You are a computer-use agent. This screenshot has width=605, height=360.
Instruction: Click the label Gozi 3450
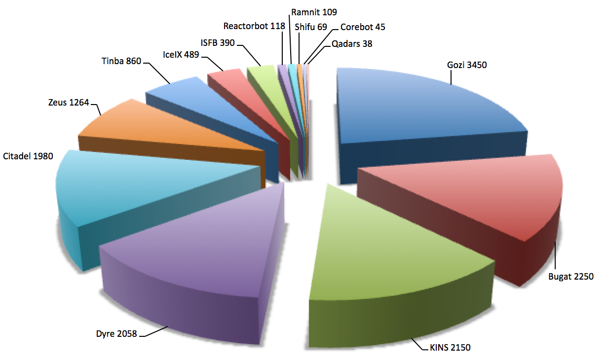coord(467,65)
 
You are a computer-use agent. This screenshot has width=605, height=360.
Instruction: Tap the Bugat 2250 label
coord(570,276)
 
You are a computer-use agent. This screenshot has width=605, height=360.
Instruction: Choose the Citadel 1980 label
coord(28,156)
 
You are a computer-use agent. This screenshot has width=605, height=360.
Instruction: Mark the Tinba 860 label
coord(121,62)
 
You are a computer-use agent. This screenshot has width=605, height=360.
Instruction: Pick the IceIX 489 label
coord(181,55)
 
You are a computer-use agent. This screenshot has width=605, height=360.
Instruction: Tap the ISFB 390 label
coord(218,43)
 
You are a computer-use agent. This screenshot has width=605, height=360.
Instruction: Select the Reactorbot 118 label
coord(254,26)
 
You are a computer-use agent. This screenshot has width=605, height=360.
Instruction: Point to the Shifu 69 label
coord(311,27)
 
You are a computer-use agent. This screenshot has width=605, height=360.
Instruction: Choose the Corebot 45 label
coord(363,27)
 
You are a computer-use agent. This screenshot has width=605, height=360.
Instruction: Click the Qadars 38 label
coord(352,43)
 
